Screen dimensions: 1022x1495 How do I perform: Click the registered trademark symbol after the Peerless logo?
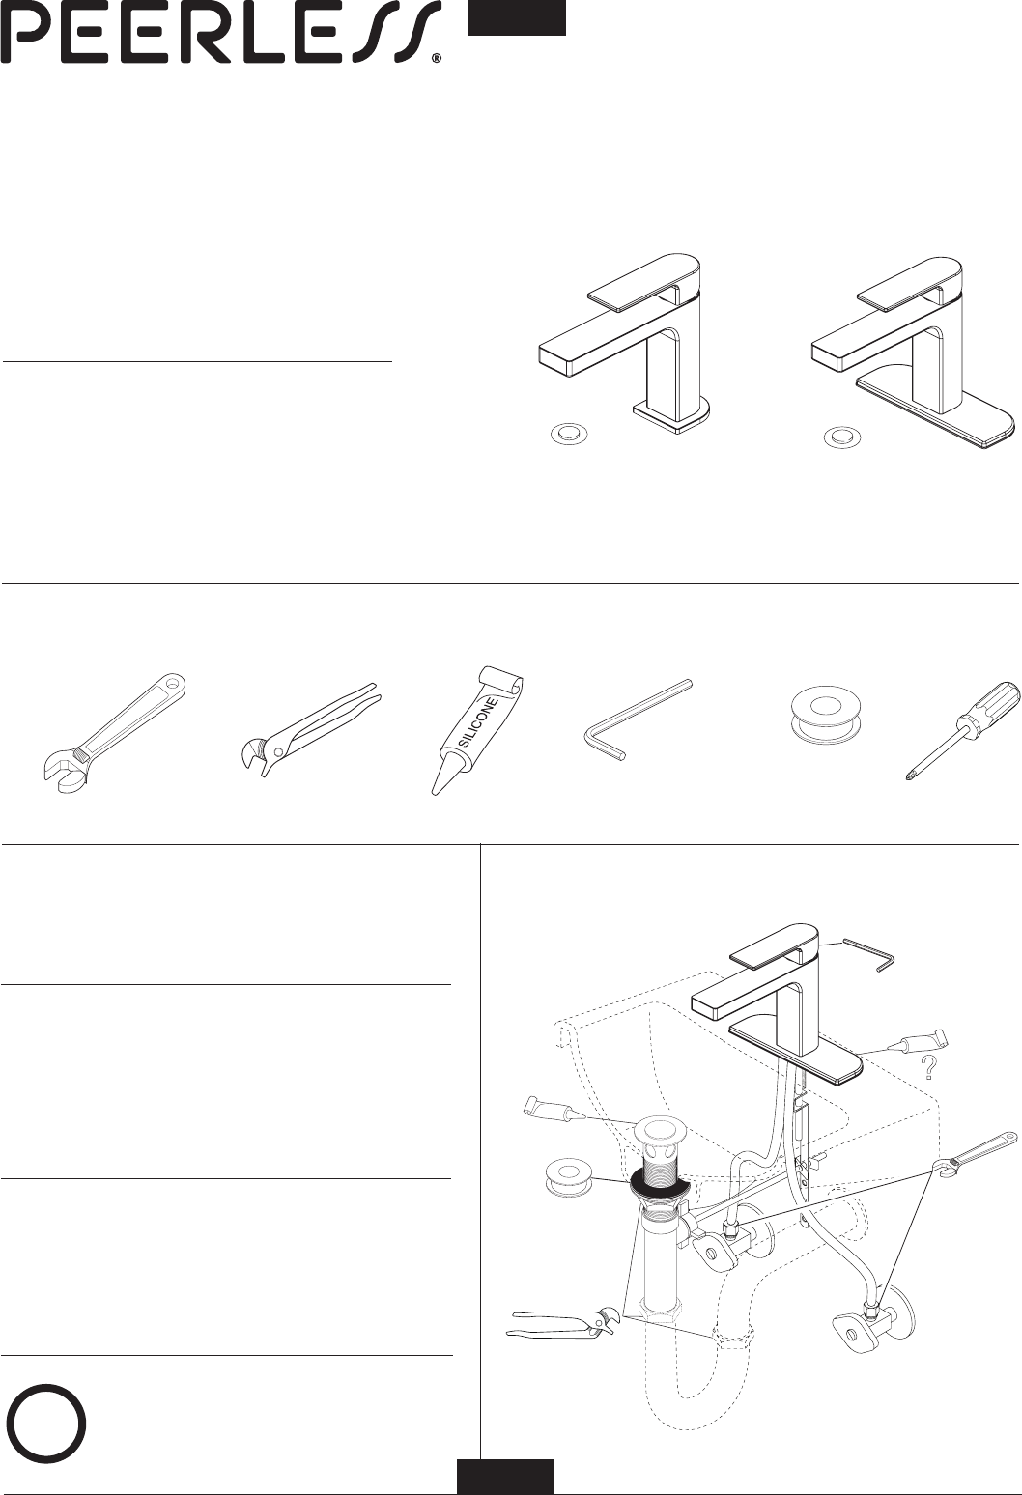pyautogui.click(x=437, y=60)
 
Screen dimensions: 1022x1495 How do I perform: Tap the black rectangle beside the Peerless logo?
pyautogui.click(x=517, y=17)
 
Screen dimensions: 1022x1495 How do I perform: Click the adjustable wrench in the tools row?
pyautogui.click(x=111, y=734)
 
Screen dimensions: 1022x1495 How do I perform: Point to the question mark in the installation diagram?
pyautogui.click(x=928, y=1068)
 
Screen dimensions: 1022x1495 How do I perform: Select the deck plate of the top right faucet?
pyautogui.click(x=934, y=413)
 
